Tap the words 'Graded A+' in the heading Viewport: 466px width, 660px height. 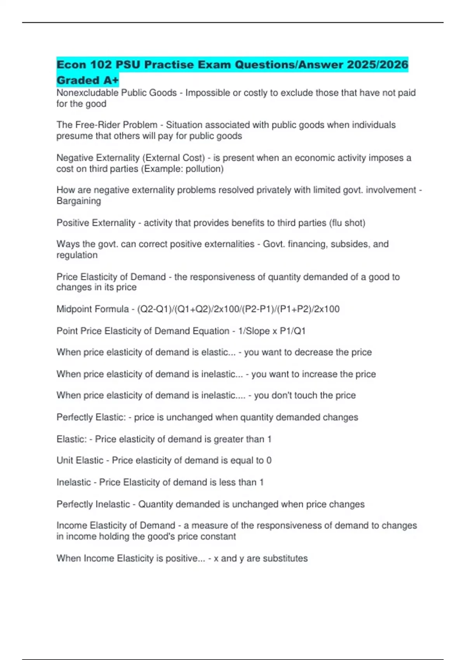point(87,80)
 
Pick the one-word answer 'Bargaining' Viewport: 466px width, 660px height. point(79,201)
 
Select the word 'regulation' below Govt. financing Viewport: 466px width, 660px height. point(77,255)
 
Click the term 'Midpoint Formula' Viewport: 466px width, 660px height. point(92,309)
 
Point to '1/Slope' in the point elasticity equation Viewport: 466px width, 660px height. point(254,331)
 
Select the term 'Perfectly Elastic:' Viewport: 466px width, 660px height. point(91,417)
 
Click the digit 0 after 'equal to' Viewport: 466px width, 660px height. point(269,460)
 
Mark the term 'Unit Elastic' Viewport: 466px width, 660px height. point(80,460)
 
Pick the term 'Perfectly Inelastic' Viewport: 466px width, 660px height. point(93,504)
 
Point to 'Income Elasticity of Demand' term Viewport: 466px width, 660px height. point(116,526)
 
